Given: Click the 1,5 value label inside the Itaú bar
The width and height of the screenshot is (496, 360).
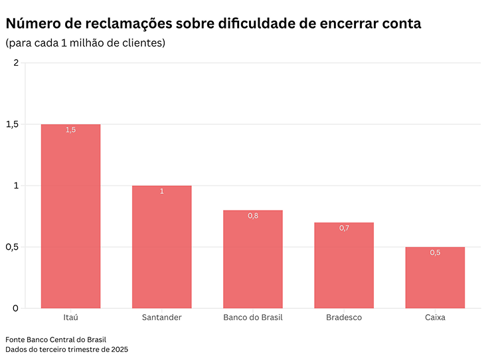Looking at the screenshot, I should pyautogui.click(x=70, y=130).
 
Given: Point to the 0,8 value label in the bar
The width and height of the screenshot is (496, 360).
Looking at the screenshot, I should pyautogui.click(x=253, y=216).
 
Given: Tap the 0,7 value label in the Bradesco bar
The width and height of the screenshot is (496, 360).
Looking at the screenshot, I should pyautogui.click(x=344, y=228).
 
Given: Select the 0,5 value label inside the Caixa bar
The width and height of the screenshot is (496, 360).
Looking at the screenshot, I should pyautogui.click(x=435, y=253).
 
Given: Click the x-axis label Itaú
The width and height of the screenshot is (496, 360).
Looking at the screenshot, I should pyautogui.click(x=70, y=317).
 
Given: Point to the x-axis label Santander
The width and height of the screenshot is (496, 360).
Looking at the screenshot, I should pyautogui.click(x=161, y=317).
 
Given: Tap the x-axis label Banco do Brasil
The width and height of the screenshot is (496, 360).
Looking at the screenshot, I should pyautogui.click(x=253, y=317).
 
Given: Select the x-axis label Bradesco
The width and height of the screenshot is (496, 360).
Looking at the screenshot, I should pyautogui.click(x=344, y=317).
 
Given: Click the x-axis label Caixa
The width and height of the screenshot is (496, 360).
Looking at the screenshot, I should pyautogui.click(x=435, y=317).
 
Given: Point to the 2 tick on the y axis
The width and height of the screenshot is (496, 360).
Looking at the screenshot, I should pyautogui.click(x=16, y=63).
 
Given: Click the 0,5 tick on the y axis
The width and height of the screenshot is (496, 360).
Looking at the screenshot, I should pyautogui.click(x=12, y=247).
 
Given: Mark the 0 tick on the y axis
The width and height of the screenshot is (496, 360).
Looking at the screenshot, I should pyautogui.click(x=16, y=308).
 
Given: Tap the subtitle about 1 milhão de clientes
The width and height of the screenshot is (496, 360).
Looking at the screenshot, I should pyautogui.click(x=86, y=43).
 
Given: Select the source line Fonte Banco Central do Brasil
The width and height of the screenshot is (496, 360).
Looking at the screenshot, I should pyautogui.click(x=56, y=339).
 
